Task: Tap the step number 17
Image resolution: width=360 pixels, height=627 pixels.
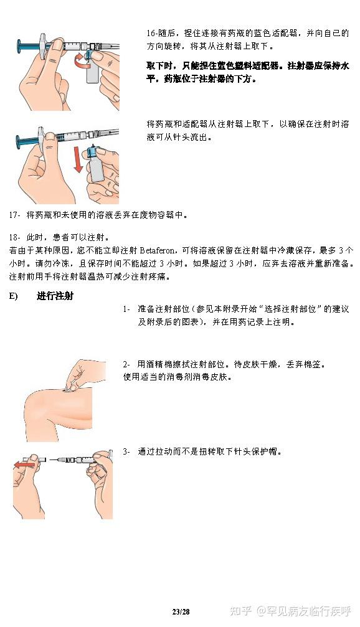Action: coord(14,215)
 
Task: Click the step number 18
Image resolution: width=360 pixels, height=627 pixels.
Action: coord(14,238)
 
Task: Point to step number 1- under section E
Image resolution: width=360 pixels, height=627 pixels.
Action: coord(126,309)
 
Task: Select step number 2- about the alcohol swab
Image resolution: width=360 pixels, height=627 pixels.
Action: coord(126,364)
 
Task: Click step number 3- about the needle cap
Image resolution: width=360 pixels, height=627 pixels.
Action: coord(126,451)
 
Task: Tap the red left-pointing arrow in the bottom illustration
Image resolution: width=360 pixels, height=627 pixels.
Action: coord(26,464)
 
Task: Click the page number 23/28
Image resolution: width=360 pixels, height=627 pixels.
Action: coord(181,612)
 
